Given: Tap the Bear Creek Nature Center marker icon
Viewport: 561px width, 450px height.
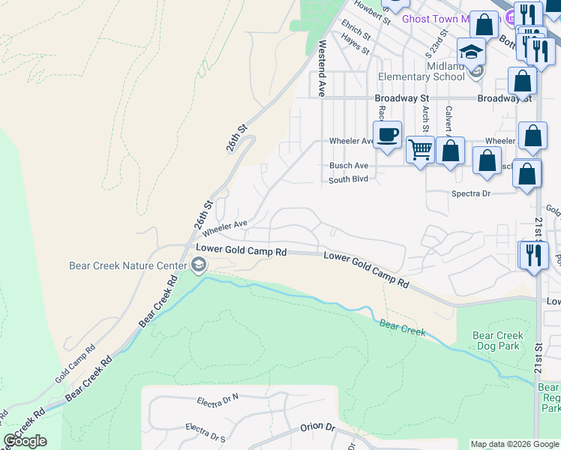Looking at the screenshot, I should tap(198, 264).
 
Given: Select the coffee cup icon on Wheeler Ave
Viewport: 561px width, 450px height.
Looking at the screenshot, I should tap(387, 135).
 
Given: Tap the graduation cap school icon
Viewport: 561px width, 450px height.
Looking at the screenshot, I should tap(471, 52).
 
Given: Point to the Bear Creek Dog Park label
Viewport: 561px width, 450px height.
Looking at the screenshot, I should tap(498, 340).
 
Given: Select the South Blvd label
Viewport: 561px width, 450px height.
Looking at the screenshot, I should tap(348, 180).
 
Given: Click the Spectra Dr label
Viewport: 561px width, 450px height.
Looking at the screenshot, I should tap(470, 193).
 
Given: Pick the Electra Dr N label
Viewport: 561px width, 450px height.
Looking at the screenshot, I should tap(217, 399).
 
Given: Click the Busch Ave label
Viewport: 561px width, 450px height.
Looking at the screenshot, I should tap(349, 166).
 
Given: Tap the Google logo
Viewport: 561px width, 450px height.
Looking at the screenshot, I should tap(25, 441).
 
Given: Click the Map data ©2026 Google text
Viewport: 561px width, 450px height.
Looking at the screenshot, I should tap(514, 444).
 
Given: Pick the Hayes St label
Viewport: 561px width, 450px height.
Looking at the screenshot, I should tap(355, 44).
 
